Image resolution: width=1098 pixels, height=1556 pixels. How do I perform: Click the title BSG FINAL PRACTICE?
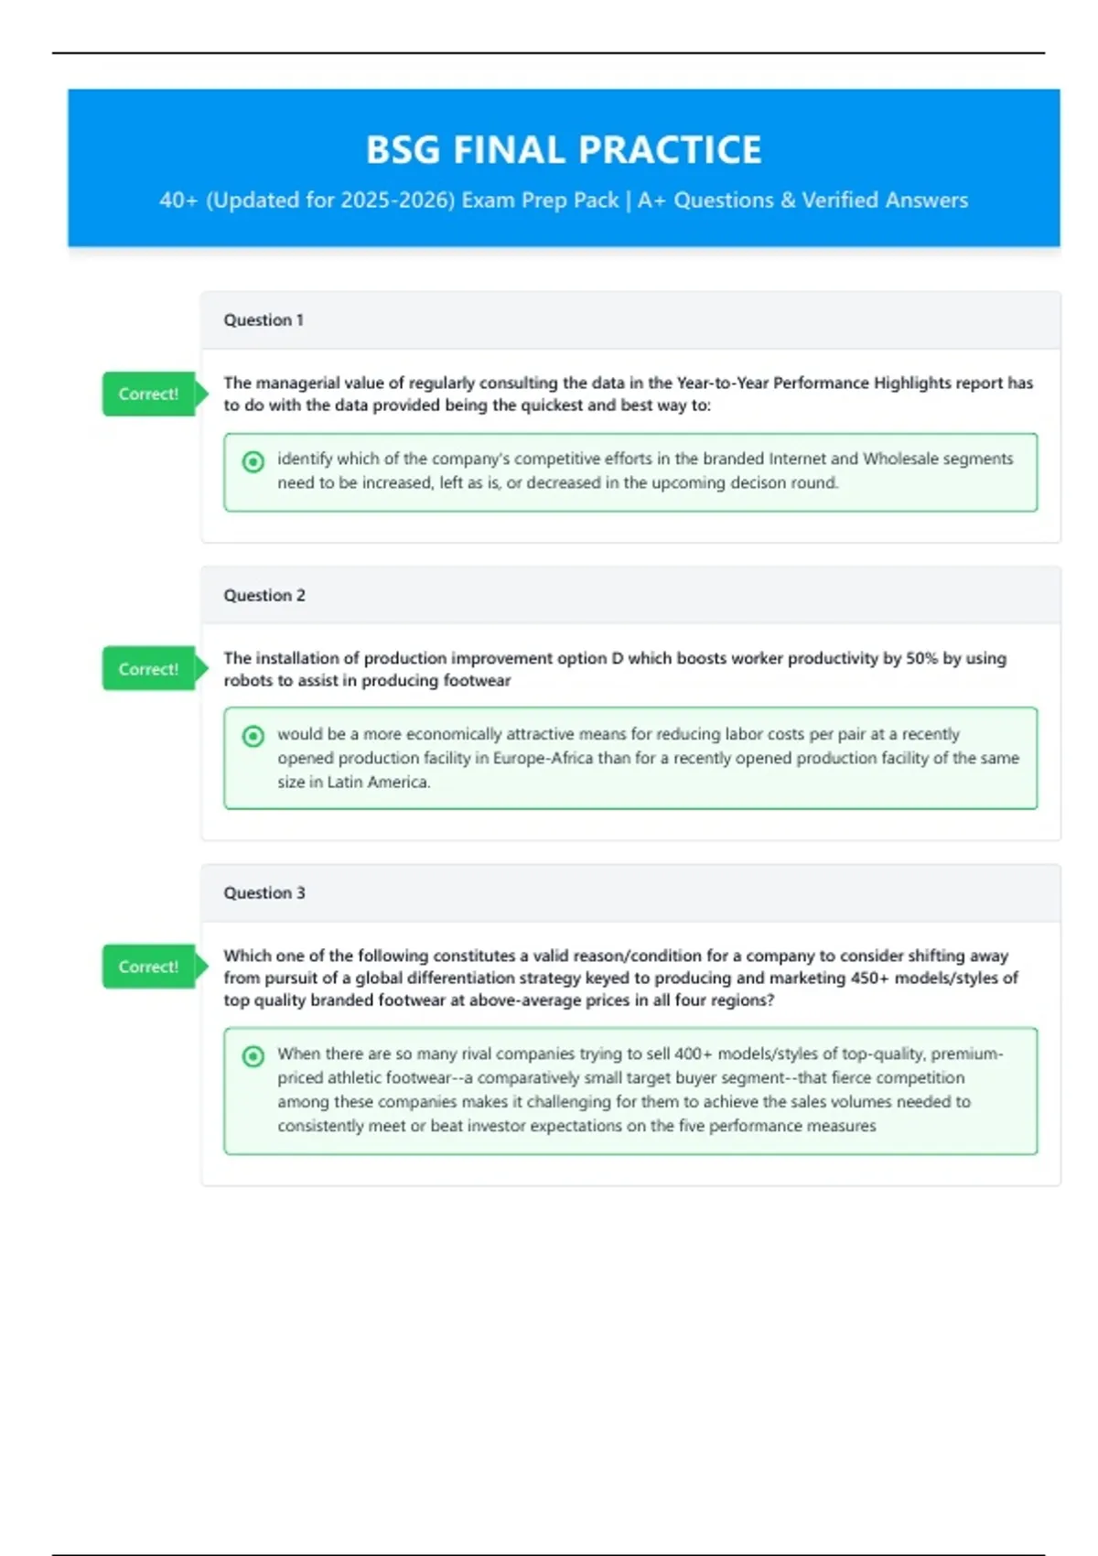(564, 150)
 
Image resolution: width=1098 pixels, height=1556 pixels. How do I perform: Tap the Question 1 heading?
(264, 320)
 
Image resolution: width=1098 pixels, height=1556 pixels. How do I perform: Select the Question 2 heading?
(264, 596)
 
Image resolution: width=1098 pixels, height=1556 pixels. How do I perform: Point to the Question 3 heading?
(264, 893)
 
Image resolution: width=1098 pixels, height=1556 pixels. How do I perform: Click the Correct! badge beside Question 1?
(148, 394)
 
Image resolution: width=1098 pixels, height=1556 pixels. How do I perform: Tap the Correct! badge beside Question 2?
(148, 669)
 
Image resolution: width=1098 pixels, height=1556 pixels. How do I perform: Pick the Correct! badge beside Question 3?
(148, 967)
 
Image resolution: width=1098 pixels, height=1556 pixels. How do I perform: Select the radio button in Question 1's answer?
(253, 462)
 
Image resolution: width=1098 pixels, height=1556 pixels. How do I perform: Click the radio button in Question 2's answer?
(253, 737)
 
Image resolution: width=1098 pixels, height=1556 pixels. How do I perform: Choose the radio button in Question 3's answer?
(253, 1056)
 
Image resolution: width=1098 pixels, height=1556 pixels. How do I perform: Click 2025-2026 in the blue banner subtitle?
(397, 200)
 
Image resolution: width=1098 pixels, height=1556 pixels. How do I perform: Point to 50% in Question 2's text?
(921, 659)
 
